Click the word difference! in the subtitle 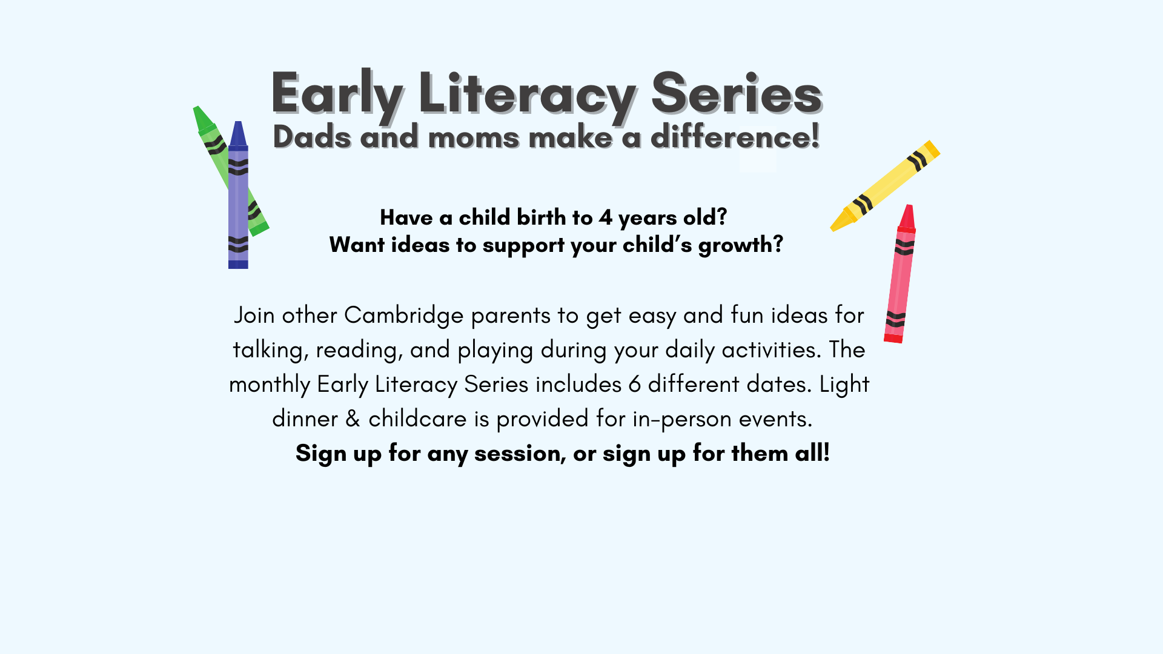tap(735, 136)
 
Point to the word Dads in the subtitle tap(312, 136)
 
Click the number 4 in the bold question tap(606, 217)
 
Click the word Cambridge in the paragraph tap(404, 315)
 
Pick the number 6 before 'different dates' tap(635, 385)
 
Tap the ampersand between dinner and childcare tap(353, 418)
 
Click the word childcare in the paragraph tap(418, 418)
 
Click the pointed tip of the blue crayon tap(238, 122)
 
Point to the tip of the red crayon tap(909, 206)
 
